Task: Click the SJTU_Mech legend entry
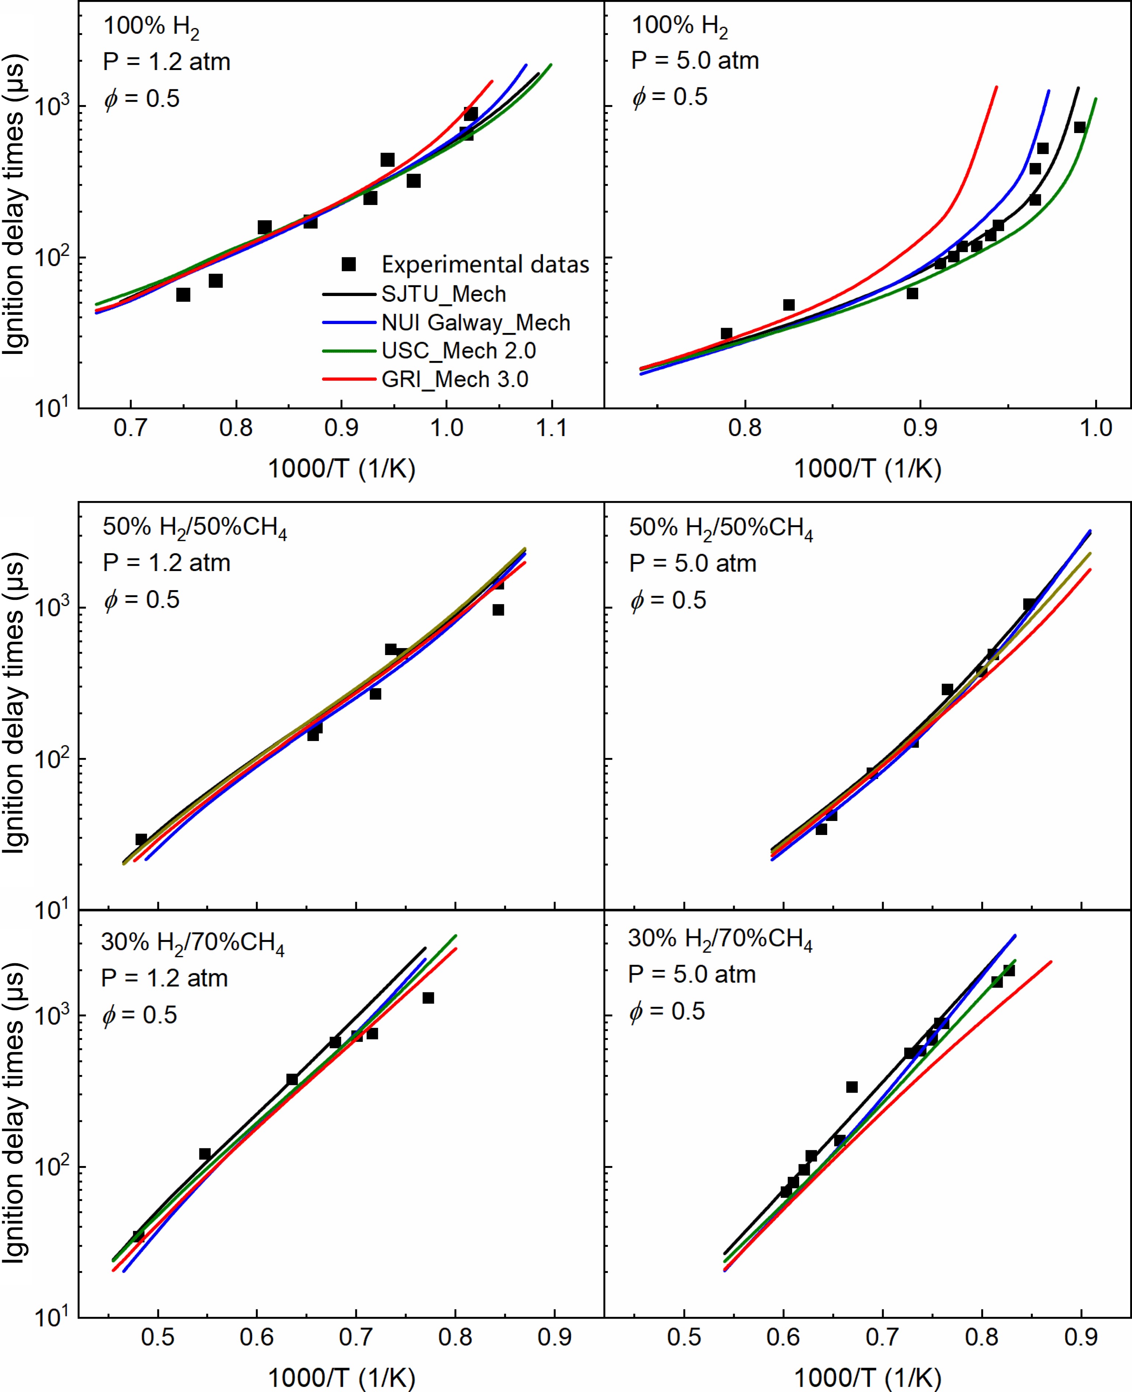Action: point(443,294)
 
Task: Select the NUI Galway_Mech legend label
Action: point(476,323)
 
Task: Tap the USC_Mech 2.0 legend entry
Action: point(459,351)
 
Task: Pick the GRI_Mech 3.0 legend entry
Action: point(454,379)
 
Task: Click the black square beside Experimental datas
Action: point(349,264)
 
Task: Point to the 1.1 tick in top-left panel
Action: point(552,428)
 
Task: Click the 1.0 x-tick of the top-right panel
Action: point(1096,428)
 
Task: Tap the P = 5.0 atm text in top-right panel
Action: point(695,60)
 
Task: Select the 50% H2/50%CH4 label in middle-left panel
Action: point(194,528)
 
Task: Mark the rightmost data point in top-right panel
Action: point(1080,127)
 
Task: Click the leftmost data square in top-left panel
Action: point(183,295)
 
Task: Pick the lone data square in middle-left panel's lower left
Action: point(141,839)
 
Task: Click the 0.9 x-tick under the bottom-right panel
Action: point(1081,1337)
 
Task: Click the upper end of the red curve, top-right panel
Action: point(996,87)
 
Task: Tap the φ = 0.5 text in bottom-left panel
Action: point(140,1015)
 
